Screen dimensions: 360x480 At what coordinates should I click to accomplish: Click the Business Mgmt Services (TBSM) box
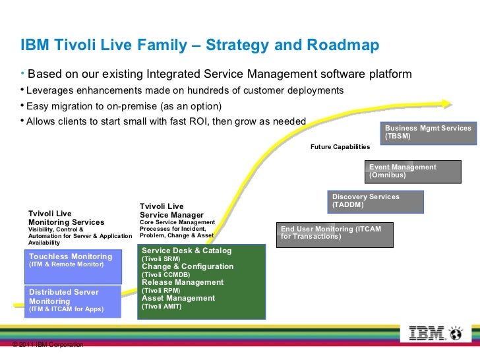click(x=428, y=132)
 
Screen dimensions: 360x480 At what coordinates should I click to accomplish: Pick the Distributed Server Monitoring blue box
click(x=75, y=301)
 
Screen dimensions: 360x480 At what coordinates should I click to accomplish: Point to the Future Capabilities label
click(x=340, y=147)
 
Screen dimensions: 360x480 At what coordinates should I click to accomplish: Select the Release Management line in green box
click(x=183, y=282)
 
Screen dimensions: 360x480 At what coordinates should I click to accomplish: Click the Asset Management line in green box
click(x=178, y=298)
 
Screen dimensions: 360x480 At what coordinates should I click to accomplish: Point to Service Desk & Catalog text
click(x=187, y=251)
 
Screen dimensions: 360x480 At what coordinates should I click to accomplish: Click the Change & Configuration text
click(x=187, y=266)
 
